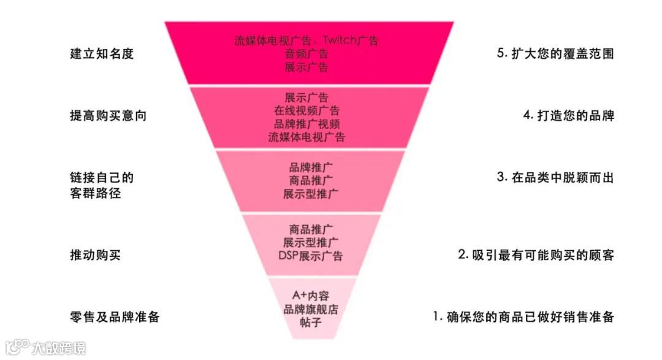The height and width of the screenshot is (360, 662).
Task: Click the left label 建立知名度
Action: coord(102,54)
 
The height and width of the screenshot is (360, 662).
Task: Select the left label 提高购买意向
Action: coord(108,116)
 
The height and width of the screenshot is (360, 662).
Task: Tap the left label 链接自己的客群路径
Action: coord(102,185)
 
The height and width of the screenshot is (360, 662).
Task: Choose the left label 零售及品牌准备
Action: coord(115,317)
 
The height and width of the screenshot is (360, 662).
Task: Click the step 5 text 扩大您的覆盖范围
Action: coord(555,54)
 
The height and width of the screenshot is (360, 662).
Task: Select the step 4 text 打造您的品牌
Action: coord(568,116)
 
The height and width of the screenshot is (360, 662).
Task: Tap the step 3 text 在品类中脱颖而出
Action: coord(555,178)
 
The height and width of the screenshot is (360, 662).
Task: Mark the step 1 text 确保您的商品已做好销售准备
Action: coord(523,317)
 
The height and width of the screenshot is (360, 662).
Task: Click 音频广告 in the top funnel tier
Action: coord(306,54)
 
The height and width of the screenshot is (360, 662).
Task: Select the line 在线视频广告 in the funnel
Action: coord(306,111)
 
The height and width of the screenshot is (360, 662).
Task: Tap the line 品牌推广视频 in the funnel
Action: coord(306,124)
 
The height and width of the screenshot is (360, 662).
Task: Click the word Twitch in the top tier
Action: coord(341,41)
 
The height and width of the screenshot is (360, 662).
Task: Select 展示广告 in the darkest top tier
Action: coord(306,67)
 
